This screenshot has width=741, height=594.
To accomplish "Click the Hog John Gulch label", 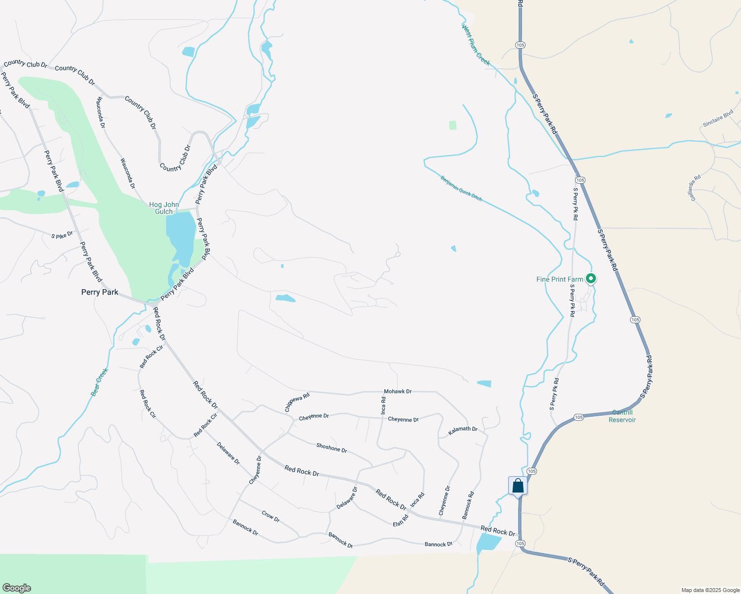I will pos(164,208).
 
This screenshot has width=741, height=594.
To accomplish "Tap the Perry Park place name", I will pos(100,292).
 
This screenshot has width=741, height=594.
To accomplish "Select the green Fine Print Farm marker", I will pos(590,279).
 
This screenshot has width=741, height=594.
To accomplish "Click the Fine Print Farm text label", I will pos(560,279).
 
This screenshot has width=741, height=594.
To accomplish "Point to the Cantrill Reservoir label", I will pos(623,416).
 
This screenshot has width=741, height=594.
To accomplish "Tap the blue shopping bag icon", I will pos(518,486).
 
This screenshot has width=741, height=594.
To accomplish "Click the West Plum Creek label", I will pos(476,45).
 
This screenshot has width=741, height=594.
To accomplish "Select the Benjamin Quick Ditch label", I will pos(461,188).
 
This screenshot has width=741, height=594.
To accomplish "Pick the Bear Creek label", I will pos(100,382).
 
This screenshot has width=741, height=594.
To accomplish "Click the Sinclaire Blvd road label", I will pos(718,119).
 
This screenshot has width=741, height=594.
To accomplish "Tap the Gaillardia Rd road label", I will pos(696,188).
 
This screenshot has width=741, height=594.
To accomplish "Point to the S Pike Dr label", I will pos(62,235).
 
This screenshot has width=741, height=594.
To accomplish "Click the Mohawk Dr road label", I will pos(398,392).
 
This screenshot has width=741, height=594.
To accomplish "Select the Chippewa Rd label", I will pos(297,402).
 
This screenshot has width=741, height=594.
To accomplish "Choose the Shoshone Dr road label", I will pos(331,448).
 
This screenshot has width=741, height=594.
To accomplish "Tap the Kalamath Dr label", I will pos(463,431).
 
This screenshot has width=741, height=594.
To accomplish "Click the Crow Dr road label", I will pos(270,516).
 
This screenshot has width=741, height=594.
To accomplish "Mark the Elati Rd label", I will pos(401,520).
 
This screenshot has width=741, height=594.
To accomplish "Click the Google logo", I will pos(16,588).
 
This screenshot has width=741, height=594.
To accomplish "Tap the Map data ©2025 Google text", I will pos(710,590).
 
